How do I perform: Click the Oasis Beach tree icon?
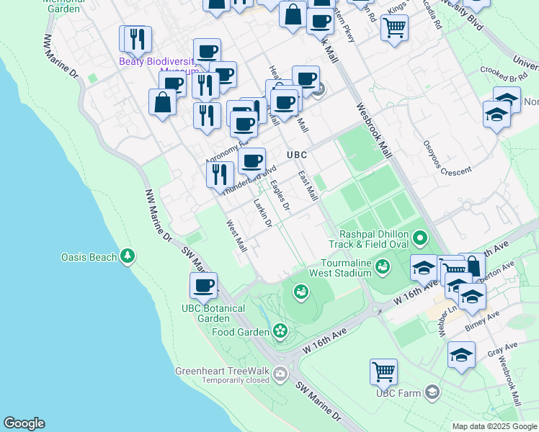tap(128, 256)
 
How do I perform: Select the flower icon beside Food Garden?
tap(280, 331)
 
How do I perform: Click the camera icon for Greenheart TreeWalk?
tap(280, 372)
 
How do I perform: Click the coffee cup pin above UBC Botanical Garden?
tap(203, 286)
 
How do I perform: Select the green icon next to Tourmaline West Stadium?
tap(382, 268)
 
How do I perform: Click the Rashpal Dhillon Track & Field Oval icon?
tap(420, 236)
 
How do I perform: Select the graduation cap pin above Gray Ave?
tap(461, 355)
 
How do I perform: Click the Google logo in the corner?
tap(24, 423)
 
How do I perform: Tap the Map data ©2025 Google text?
tap(494, 426)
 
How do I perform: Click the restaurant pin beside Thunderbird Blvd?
tap(220, 175)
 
